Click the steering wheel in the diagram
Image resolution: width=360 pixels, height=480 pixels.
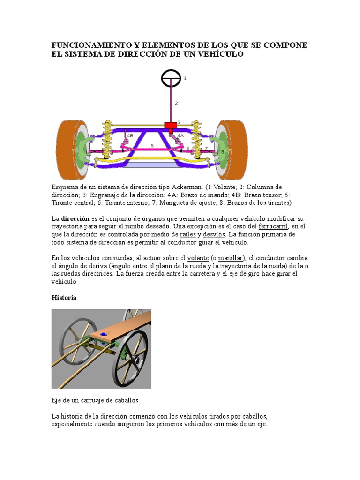[x=171, y=78]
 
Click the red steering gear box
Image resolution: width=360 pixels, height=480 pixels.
[x=170, y=125]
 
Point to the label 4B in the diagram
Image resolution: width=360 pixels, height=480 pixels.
[x=130, y=135]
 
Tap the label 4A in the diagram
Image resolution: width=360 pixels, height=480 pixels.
[x=180, y=135]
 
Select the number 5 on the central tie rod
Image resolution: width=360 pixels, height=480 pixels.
[x=152, y=146]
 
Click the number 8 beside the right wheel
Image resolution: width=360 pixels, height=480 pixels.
[x=222, y=152]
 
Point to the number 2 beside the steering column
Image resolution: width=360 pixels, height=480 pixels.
[x=176, y=103]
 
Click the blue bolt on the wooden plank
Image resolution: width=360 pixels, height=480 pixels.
[x=103, y=334]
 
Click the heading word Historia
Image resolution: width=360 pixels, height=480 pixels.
[x=63, y=298]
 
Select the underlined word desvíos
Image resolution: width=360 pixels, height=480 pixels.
[x=214, y=234]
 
